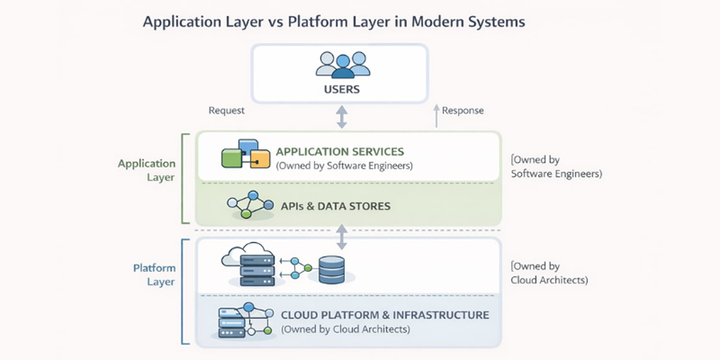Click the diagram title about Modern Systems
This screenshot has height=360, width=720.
[334, 22]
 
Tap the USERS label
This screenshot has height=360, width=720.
[341, 90]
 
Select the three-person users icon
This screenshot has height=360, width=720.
[343, 65]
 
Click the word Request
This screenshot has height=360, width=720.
[226, 111]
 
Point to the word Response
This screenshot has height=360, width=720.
[462, 111]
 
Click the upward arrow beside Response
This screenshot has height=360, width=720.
[436, 116]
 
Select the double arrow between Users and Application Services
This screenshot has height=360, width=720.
[341, 117]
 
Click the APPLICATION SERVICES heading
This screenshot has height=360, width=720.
[340, 152]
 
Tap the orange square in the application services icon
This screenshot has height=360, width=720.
[260, 159]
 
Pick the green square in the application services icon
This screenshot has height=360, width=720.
[231, 158]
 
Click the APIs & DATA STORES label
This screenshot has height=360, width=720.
[335, 206]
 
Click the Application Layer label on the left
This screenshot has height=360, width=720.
[146, 170]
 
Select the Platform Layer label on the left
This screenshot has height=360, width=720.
[154, 275]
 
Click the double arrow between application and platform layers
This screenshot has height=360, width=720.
[341, 237]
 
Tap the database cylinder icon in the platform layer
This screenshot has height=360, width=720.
[331, 270]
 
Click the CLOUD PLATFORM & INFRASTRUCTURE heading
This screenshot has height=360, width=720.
[384, 315]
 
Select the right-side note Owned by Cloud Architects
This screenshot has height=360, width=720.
[549, 273]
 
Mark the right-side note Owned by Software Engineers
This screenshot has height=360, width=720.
[556, 167]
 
